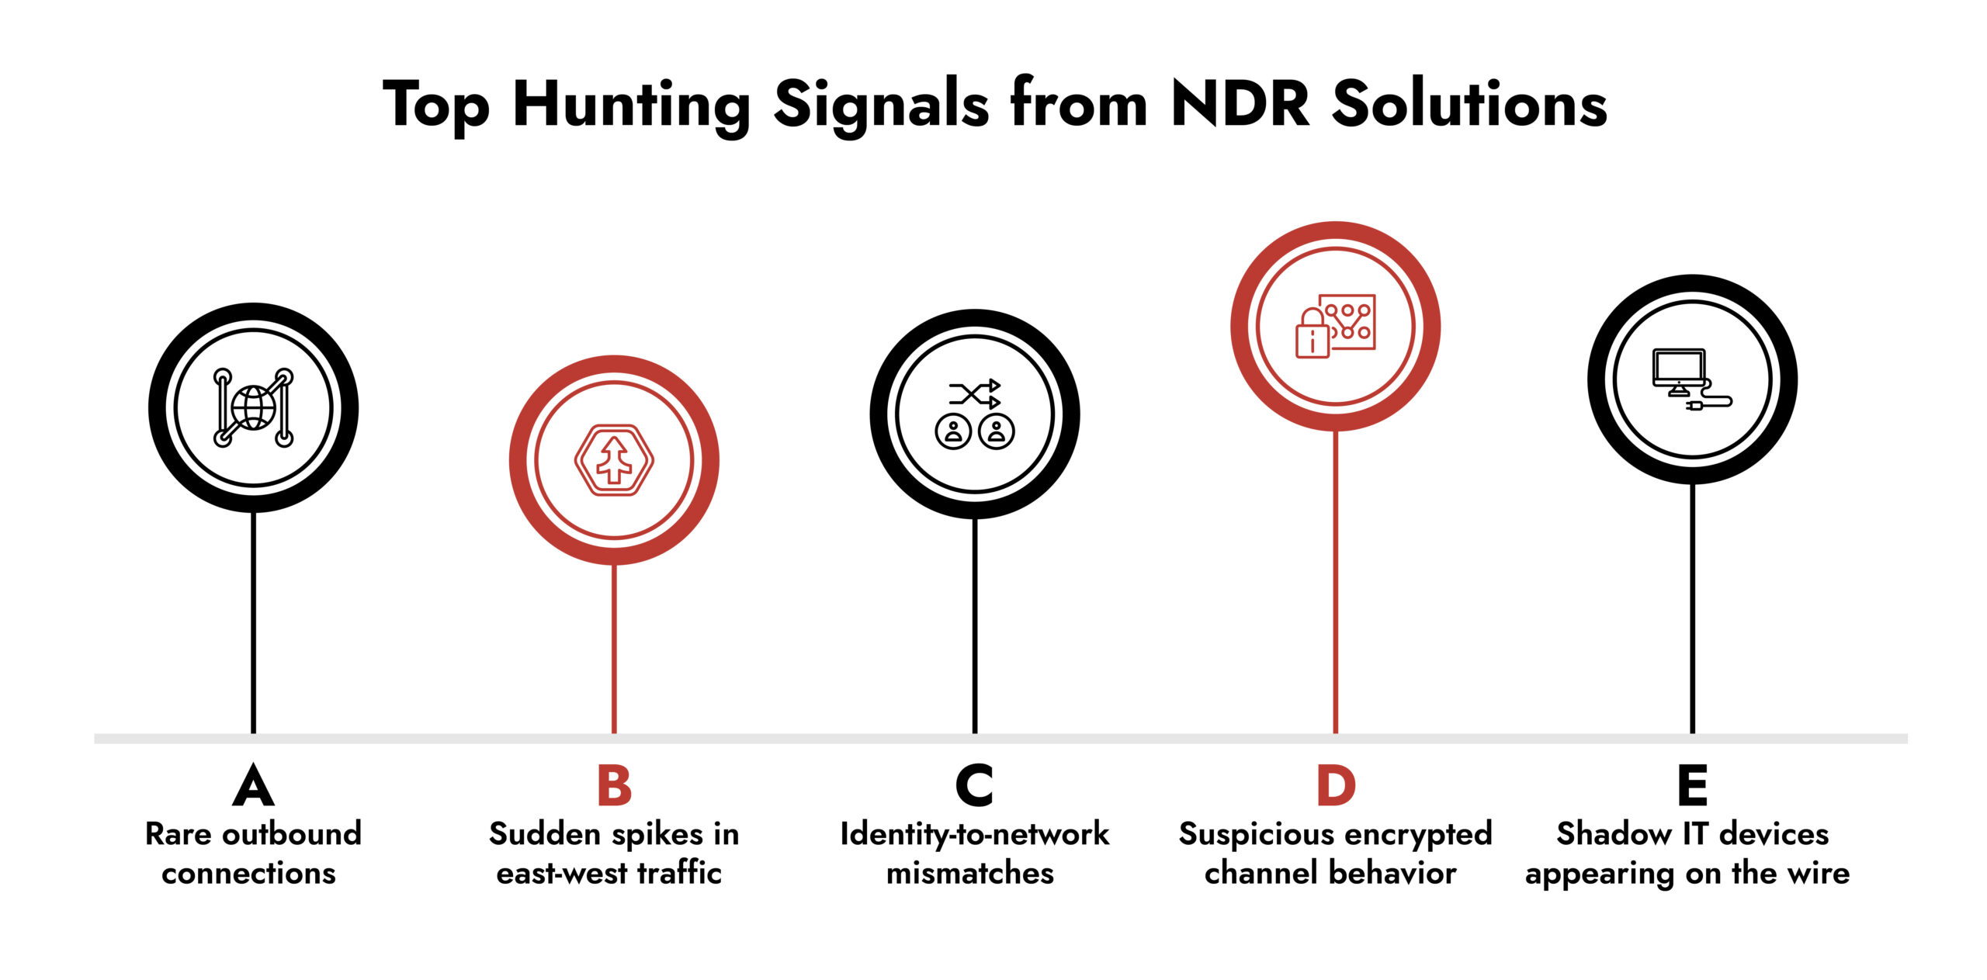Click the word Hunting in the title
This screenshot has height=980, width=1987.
point(631,106)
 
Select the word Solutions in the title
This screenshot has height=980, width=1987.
point(1469,104)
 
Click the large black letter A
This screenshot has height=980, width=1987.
point(253,785)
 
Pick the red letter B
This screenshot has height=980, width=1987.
point(614,785)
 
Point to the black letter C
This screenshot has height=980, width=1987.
point(974,785)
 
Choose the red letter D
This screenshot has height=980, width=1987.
point(1336,785)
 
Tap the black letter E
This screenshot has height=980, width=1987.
point(1692,785)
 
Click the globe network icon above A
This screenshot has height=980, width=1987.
point(253,407)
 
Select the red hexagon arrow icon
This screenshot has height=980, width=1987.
point(614,460)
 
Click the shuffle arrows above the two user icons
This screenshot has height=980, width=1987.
point(974,394)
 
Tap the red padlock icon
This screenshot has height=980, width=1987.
point(1312,334)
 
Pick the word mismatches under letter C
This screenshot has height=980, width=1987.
point(970,874)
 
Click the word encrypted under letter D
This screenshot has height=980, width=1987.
point(1403,835)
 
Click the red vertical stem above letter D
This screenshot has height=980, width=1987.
point(1336,582)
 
